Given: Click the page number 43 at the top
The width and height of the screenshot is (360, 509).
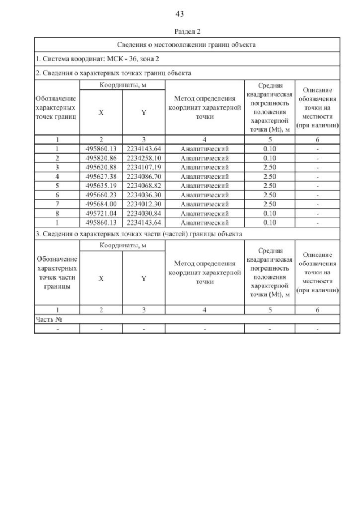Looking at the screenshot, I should click(x=180, y=13).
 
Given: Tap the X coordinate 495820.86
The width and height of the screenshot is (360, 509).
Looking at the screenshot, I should click(x=101, y=158).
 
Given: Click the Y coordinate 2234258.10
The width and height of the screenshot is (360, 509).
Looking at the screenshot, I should click(x=143, y=158).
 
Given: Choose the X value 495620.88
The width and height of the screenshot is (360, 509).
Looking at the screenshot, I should click(x=101, y=167).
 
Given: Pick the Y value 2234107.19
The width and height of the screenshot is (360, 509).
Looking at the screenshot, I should click(x=143, y=167).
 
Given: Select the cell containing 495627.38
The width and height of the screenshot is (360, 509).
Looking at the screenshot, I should click(x=101, y=176).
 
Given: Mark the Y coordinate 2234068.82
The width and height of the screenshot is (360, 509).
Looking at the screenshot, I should click(x=143, y=185).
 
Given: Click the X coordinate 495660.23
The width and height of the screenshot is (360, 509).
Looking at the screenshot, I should click(x=101, y=194).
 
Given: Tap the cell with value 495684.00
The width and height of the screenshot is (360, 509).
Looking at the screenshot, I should click(x=101, y=204).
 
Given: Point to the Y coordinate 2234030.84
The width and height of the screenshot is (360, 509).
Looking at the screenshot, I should click(x=143, y=213).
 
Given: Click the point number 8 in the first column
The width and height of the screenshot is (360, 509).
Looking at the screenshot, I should click(x=57, y=213).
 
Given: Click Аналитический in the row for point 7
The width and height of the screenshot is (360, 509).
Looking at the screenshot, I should click(x=204, y=204).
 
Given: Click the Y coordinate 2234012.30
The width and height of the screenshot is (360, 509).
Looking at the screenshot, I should click(x=143, y=204).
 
